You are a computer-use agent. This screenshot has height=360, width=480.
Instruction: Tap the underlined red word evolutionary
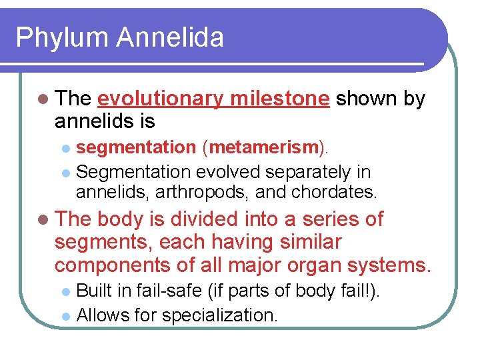pos(161,99)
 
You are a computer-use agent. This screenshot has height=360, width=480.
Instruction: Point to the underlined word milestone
pos(279,99)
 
